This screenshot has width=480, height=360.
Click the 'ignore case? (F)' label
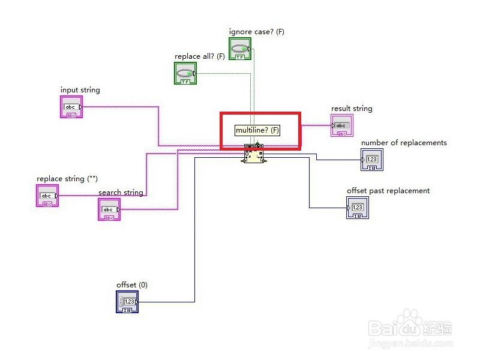[256, 31]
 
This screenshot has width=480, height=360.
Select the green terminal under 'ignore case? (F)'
[239, 49]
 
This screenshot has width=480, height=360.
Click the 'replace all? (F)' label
[199, 56]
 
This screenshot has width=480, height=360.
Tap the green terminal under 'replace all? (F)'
[185, 74]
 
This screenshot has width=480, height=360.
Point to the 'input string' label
[80, 90]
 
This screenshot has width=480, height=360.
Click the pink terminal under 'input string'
[71, 107]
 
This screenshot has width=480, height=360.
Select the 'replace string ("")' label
[67, 179]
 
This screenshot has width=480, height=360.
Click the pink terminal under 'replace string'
[47, 196]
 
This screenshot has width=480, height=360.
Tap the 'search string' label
[121, 193]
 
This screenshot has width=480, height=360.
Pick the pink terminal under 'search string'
[109, 209]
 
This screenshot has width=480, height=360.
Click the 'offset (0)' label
[131, 284]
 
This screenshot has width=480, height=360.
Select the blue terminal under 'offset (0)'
[127, 301]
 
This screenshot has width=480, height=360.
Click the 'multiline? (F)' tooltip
[257, 130]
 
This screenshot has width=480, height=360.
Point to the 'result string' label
[352, 109]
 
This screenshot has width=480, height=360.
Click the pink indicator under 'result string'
[342, 125]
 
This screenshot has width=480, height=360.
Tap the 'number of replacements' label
[404, 143]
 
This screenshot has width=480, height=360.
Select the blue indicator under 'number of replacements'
[372, 160]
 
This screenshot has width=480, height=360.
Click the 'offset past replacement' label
[388, 191]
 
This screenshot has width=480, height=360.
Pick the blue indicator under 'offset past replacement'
[358, 208]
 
